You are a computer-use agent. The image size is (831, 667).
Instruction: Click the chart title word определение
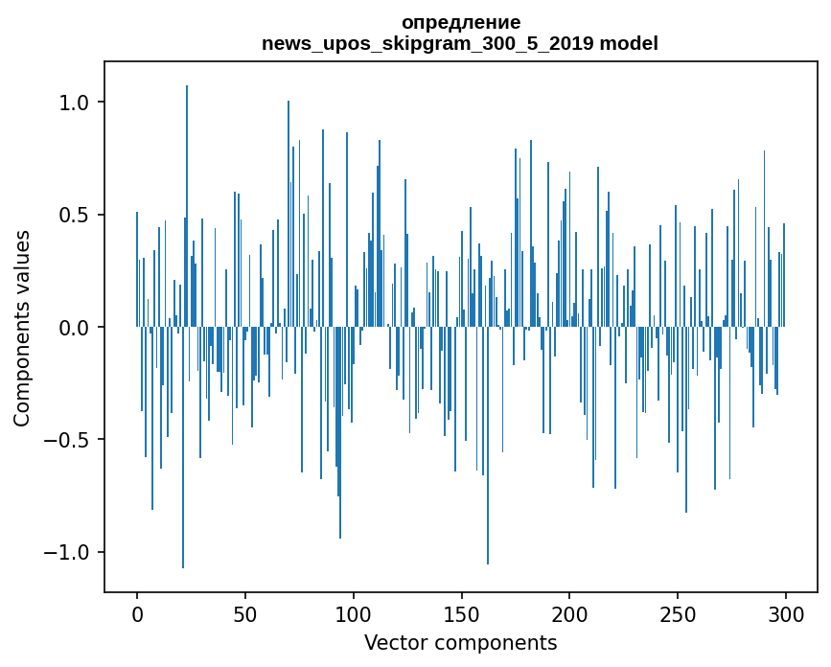point(460,22)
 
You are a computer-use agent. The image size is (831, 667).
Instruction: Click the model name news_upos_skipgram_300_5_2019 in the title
point(434,43)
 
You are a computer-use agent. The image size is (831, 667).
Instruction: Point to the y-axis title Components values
point(22,328)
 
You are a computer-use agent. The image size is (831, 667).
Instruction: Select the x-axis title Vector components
point(460,643)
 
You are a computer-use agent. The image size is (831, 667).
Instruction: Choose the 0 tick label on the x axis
point(137,613)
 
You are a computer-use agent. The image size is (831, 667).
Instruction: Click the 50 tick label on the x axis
point(245,613)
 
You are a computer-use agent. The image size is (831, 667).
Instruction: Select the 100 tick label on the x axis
point(354,613)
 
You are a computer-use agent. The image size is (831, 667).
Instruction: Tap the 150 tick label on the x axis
point(461,613)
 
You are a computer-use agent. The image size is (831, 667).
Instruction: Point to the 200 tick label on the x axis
point(569,613)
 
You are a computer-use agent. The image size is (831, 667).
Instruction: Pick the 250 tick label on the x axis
point(678,613)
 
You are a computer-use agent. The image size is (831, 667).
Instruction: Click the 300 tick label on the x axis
point(786,613)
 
